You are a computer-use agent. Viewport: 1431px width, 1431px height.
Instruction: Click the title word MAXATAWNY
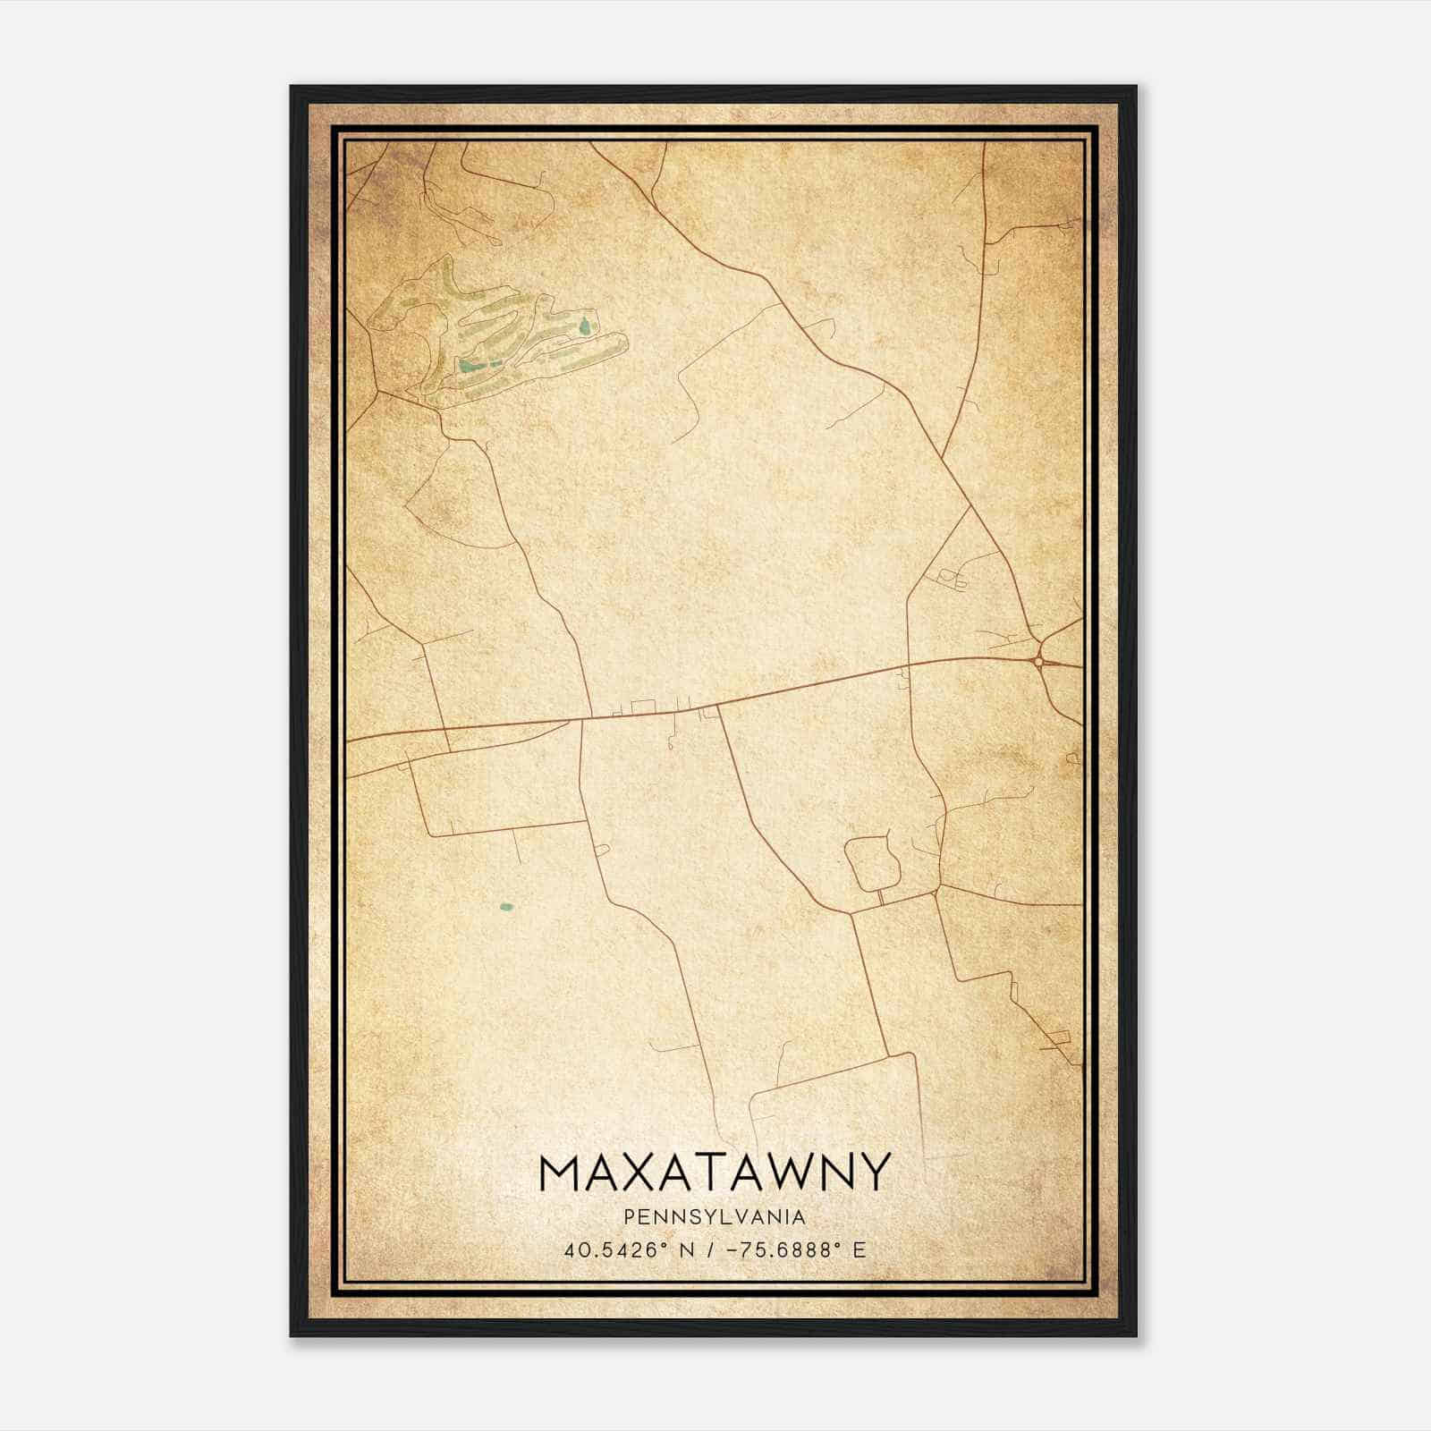pyautogui.click(x=715, y=1173)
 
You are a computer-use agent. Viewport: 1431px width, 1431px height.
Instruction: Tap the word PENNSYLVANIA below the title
pyautogui.click(x=715, y=1217)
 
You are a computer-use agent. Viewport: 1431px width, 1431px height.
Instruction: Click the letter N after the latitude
pyautogui.click(x=687, y=1250)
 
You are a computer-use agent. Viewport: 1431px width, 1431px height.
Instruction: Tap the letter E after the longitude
pyautogui.click(x=859, y=1250)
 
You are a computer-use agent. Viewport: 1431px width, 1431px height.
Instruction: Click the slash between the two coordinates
pyautogui.click(x=712, y=1250)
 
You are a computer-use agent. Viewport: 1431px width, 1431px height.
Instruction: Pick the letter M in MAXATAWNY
pyautogui.click(x=561, y=1173)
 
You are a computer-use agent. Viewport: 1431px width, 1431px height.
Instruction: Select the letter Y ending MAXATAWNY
pyautogui.click(x=876, y=1173)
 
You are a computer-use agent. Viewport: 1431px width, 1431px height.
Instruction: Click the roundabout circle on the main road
pyautogui.click(x=1038, y=662)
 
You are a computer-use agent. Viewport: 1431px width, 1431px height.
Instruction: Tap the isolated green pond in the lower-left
pyautogui.click(x=506, y=907)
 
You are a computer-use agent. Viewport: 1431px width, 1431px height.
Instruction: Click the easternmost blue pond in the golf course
pyautogui.click(x=586, y=325)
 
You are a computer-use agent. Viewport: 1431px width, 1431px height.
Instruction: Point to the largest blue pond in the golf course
pyautogui.click(x=468, y=365)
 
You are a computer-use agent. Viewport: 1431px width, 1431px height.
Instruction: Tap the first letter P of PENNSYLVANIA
pyautogui.click(x=631, y=1217)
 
